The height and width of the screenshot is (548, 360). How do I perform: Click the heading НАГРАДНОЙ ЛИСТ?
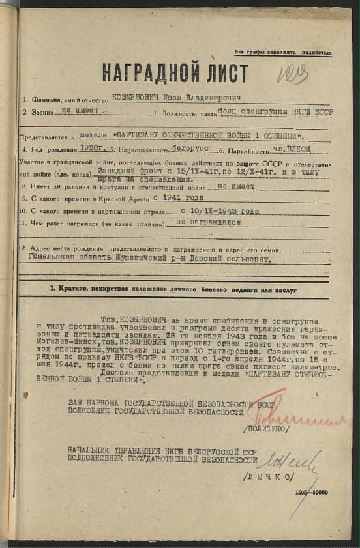click(175, 72)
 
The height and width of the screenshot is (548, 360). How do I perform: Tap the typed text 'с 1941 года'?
click(178, 196)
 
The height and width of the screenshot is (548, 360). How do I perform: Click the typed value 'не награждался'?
click(208, 222)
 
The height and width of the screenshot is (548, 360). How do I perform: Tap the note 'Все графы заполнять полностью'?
click(283, 53)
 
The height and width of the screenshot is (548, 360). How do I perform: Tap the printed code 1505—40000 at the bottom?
click(310, 492)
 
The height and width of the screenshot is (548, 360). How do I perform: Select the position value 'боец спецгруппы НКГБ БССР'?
click(269, 111)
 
